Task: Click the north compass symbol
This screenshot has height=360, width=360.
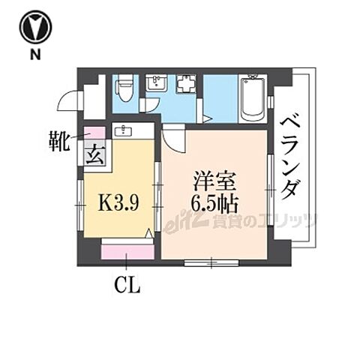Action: [34, 29]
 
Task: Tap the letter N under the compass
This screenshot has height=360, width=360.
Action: [34, 55]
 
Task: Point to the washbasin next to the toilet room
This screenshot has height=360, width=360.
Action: [156, 82]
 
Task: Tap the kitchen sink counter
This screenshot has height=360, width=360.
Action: [124, 131]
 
